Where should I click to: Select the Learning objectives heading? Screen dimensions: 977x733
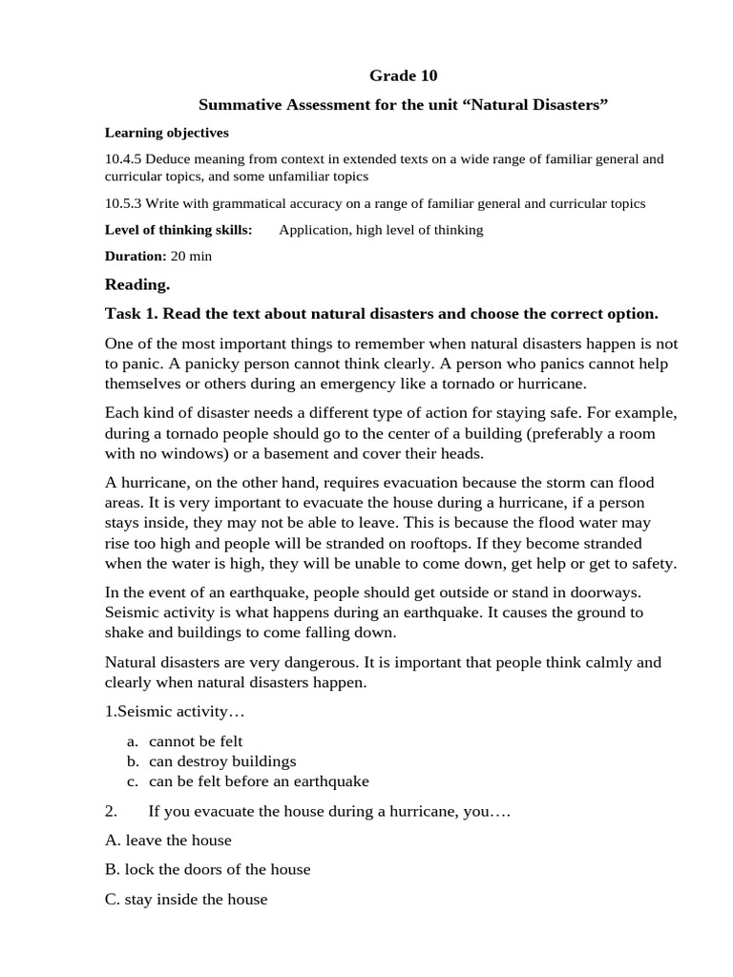[166, 133]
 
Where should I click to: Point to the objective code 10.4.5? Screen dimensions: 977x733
[124, 159]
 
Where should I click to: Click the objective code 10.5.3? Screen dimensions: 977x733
[124, 203]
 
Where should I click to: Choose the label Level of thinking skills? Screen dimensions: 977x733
[178, 230]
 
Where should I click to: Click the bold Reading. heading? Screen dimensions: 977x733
[137, 284]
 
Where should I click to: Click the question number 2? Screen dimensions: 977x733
[111, 811]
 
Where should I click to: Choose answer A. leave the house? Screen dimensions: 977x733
[168, 841]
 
